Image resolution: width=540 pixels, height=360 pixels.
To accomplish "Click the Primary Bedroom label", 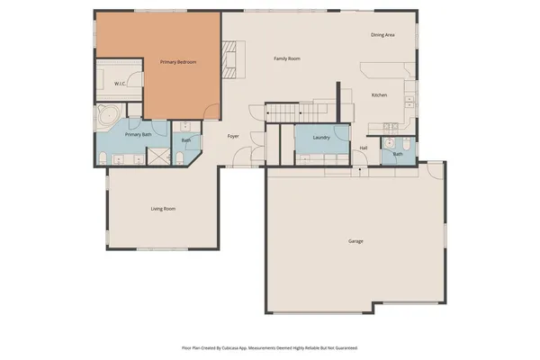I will (x=178, y=62).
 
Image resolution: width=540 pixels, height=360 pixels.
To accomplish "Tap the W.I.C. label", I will (x=120, y=84).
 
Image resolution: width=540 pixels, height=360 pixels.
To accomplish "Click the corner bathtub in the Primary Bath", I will (x=109, y=115).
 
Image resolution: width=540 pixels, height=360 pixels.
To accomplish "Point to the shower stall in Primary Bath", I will (x=158, y=157).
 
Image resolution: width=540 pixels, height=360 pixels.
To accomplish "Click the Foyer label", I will (x=233, y=137).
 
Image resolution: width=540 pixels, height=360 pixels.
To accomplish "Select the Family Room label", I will (x=287, y=58).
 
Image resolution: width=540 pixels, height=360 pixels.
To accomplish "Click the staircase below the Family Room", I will (x=284, y=112).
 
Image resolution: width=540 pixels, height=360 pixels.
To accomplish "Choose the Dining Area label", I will (x=382, y=35).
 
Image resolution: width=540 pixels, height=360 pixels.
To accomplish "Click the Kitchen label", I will (x=380, y=94).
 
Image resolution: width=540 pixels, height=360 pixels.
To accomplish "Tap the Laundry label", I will (x=321, y=138).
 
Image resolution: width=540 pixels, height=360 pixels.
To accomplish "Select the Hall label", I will (x=364, y=148).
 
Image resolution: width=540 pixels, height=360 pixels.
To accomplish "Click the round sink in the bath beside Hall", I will (x=391, y=143).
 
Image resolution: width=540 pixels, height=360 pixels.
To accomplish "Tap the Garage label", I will (x=355, y=241).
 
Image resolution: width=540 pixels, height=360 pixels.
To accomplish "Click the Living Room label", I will (x=163, y=209).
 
